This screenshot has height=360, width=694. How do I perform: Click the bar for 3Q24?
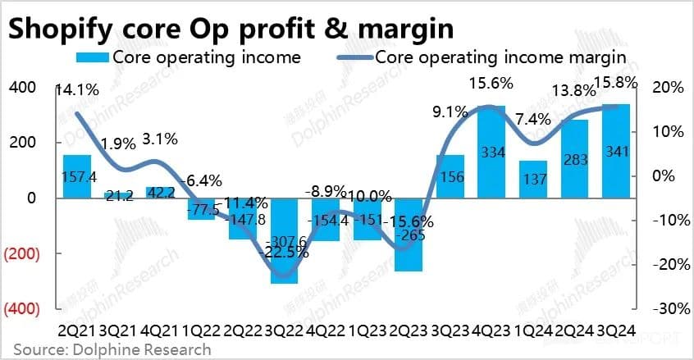(x=617, y=151)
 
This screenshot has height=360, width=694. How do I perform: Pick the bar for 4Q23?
(x=491, y=152)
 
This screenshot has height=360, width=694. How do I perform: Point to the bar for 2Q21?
(x=76, y=175)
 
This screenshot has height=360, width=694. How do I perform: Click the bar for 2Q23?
(x=407, y=235)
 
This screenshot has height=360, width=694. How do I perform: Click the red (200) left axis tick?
(x=22, y=253)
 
